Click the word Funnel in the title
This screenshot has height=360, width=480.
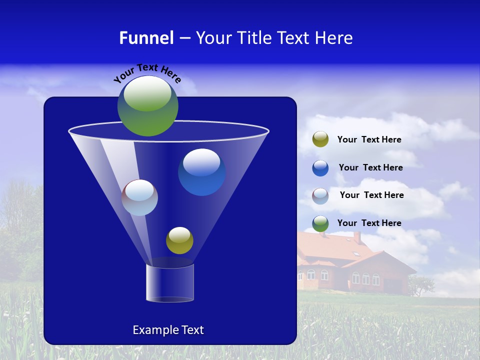(146, 38)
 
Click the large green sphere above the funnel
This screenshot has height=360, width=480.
(147, 106)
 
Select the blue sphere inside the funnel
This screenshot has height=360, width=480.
(201, 172)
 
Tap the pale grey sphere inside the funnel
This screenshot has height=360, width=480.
(140, 197)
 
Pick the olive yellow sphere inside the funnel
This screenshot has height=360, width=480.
(179, 240)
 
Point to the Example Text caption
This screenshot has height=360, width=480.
(168, 330)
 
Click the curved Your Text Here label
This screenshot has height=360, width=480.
(147, 72)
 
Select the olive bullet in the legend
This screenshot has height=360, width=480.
(320, 139)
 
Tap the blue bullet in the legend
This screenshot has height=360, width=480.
(320, 168)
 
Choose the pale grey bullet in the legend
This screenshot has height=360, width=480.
(320, 196)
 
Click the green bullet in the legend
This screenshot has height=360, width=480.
(320, 223)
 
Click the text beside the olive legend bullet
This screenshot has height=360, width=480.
(369, 140)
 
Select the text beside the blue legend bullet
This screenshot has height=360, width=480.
(370, 168)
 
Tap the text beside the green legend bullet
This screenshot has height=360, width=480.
(369, 223)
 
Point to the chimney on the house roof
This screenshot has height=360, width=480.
(357, 237)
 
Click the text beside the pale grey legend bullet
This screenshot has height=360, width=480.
(371, 195)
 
